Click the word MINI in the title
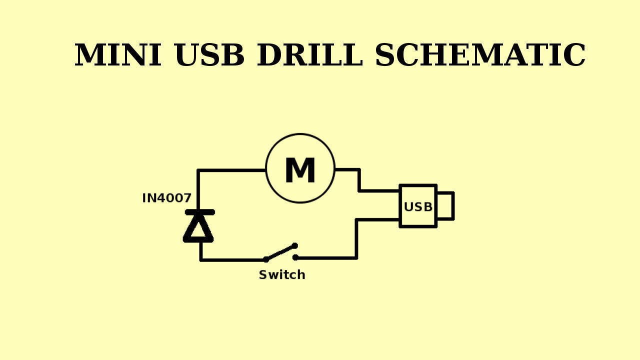[x=118, y=55]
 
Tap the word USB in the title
[x=209, y=55]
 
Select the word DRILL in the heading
[x=309, y=55]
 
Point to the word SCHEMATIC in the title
[x=480, y=55]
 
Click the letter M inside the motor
[x=300, y=171]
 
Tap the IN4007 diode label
[x=166, y=198]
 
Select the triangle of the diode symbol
[x=198, y=228]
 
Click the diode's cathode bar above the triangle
[x=199, y=212]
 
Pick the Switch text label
[x=282, y=275]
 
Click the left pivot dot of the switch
[x=266, y=259]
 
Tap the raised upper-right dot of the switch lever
[x=295, y=245]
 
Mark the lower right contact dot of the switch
[x=295, y=257]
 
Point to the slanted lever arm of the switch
[x=280, y=252]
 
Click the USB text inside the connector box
[x=418, y=207]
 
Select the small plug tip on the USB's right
[x=445, y=206]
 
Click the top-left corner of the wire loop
[x=198, y=170]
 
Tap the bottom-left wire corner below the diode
[x=201, y=260]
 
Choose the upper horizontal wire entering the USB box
[x=379, y=190]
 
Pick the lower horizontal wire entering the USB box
[x=378, y=219]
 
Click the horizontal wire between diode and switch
[x=232, y=260]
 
